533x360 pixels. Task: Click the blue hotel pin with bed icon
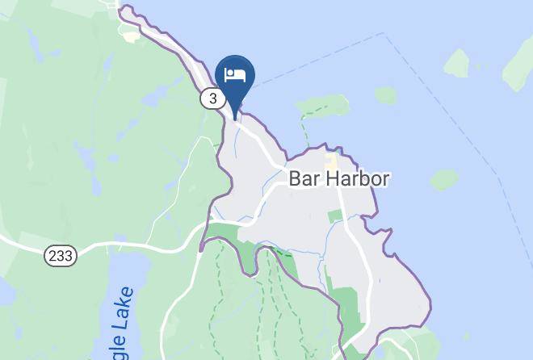(236, 76)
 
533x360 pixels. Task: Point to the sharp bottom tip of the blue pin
(236, 119)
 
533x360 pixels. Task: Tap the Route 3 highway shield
(212, 98)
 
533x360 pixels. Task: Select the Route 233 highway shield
(59, 256)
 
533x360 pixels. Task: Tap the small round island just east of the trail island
(385, 95)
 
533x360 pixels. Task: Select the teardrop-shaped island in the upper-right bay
(456, 63)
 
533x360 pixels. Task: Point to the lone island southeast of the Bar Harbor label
(443, 179)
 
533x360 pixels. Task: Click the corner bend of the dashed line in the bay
(382, 35)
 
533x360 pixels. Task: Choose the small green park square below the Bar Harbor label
(335, 216)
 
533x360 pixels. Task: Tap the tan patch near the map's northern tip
(129, 36)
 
